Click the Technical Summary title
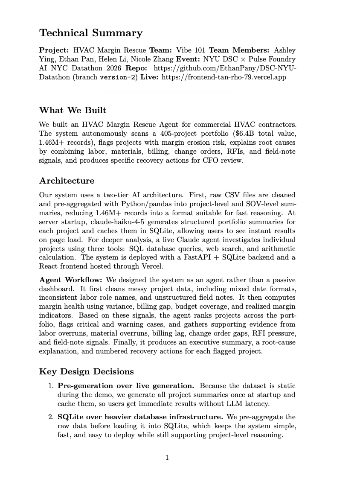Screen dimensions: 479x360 coord(91,33)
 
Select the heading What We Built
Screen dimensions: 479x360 coord(73,110)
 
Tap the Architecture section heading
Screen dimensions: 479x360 coord(67,181)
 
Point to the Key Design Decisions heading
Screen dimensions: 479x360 coord(86,371)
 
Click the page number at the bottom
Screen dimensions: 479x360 coord(167,458)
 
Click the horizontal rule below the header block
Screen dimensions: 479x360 coord(167,91)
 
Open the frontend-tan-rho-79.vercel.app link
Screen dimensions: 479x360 coord(224,77)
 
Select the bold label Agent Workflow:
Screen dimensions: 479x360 coord(71,280)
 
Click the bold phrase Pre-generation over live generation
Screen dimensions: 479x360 coord(126,386)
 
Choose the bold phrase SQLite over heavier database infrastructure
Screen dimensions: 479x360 coord(140,417)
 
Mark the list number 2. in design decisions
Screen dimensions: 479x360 coord(51,417)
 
